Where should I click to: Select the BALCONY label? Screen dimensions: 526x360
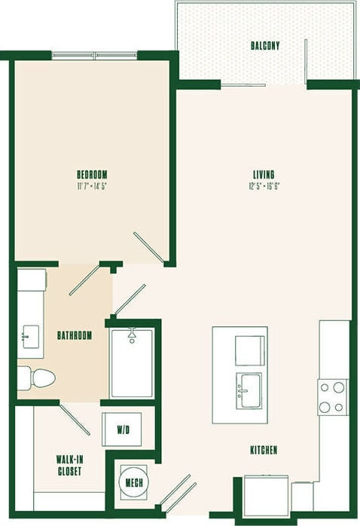tap(265, 46)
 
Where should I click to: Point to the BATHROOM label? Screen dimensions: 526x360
tap(75, 335)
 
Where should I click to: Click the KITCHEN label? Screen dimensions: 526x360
tap(264, 450)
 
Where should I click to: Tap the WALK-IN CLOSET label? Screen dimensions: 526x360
tap(69, 464)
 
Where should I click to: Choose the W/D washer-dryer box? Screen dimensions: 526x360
tap(124, 430)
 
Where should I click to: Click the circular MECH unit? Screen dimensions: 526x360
tap(135, 482)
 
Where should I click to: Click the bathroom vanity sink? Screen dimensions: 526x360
tap(32, 334)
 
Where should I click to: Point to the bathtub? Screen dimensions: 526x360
tap(132, 363)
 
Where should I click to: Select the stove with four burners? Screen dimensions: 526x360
tap(332, 396)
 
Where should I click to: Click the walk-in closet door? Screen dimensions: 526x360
tap(75, 420)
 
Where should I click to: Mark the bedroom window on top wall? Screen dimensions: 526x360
tap(94, 54)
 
